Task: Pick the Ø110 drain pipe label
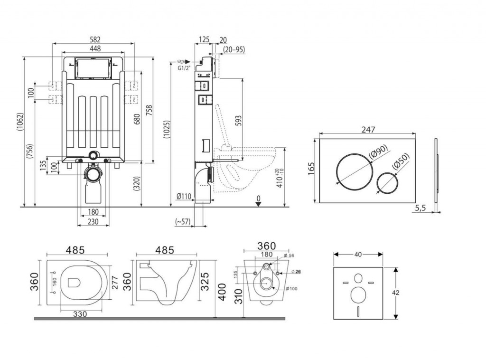[184, 197]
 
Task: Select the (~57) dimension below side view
[183, 222]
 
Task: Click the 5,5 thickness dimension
[421, 208]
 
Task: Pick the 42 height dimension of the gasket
[395, 293]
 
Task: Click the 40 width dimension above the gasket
[358, 254]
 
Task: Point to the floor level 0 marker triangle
[258, 204]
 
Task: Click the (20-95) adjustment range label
[234, 49]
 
